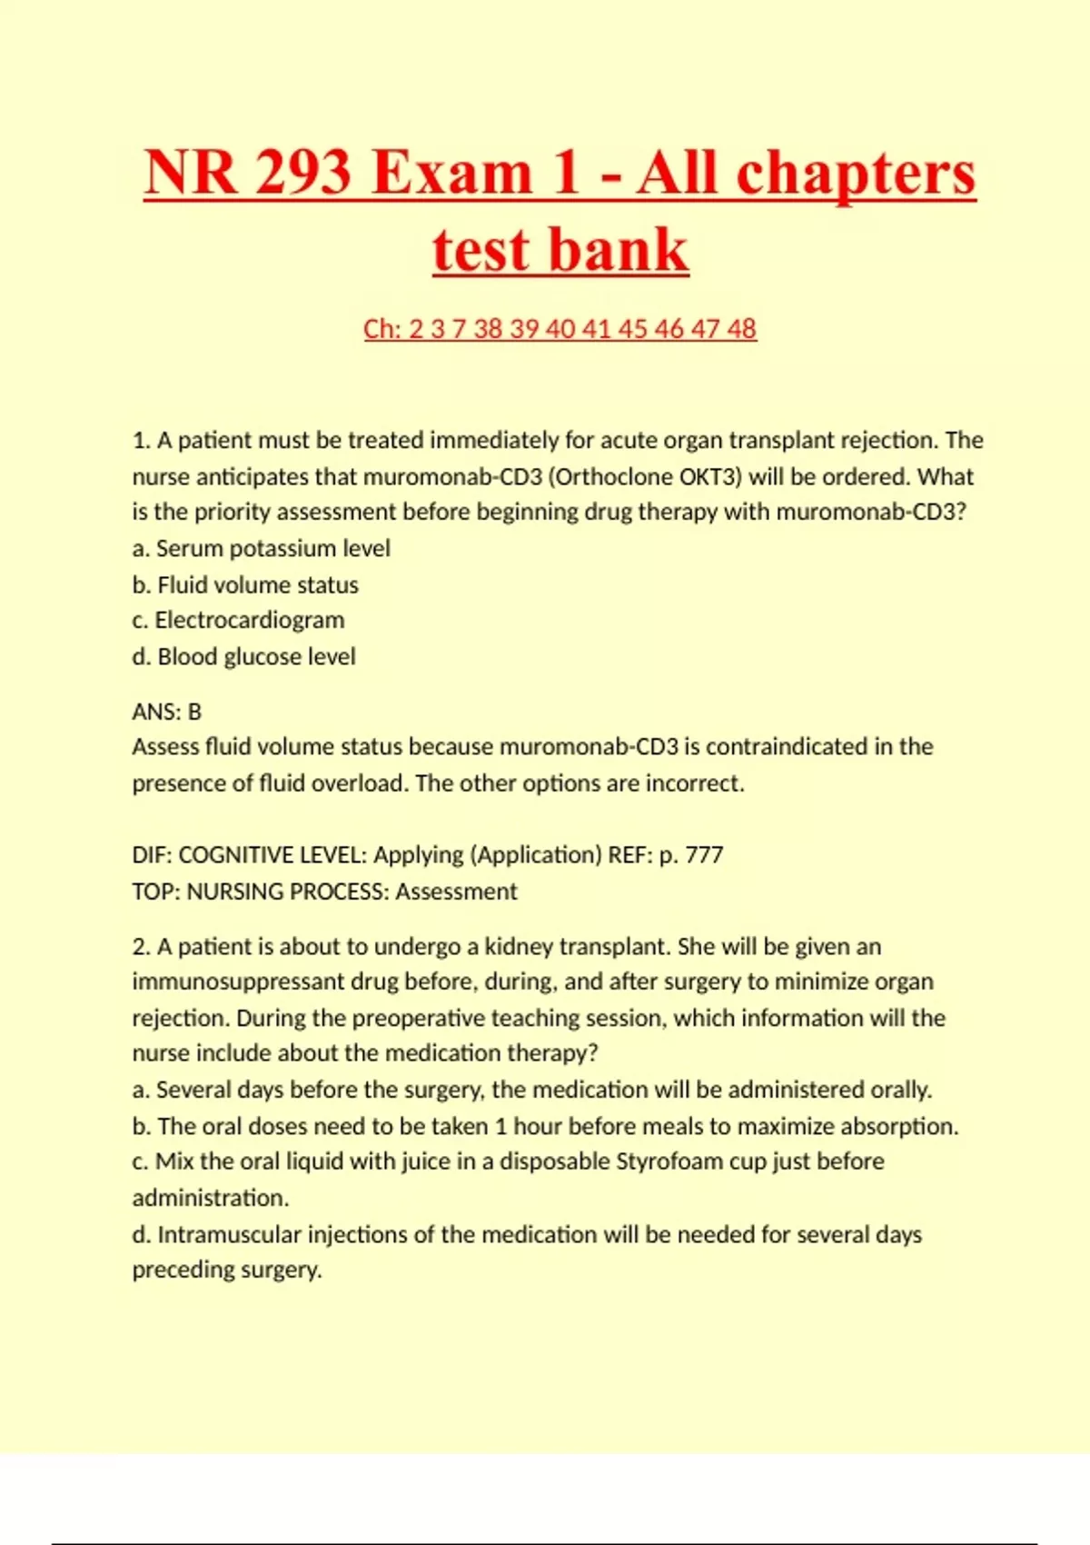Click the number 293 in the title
point(302,173)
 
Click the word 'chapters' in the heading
point(856,173)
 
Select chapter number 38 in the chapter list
point(489,328)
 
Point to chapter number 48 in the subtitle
point(740,328)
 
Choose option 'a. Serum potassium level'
point(261,548)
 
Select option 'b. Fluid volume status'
point(245,584)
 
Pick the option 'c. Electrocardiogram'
point(238,620)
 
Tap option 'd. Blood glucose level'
point(243,656)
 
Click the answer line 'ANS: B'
point(166,711)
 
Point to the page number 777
point(704,854)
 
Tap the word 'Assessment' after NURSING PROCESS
point(456,891)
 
